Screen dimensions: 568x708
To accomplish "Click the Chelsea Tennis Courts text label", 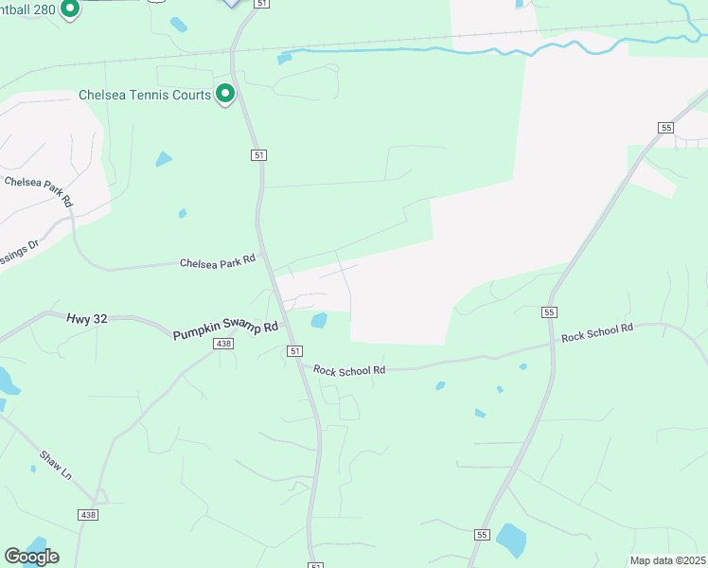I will click(x=145, y=96).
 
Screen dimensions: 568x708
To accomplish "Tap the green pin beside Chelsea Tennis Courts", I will click(x=225, y=95).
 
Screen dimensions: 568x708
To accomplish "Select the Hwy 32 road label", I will click(x=87, y=320).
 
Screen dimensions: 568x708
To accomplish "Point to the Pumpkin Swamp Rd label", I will click(x=225, y=330).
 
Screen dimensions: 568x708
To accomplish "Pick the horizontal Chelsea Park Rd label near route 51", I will click(x=218, y=260).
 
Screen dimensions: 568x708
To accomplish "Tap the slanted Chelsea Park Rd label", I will click(x=39, y=190).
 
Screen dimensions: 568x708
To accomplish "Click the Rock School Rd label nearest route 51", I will click(x=349, y=370).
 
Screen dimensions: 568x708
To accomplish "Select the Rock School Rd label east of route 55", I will click(x=596, y=332).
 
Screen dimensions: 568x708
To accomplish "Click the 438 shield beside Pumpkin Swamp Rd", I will click(x=223, y=345).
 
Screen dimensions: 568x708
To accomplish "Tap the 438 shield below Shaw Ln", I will click(x=87, y=513).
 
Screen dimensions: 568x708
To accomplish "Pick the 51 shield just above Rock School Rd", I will click(x=295, y=351).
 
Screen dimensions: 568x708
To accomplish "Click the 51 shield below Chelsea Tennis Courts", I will click(x=257, y=154).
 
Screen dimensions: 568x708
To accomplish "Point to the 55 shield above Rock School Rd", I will click(x=550, y=311).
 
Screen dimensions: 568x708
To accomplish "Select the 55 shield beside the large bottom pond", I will click(x=481, y=535).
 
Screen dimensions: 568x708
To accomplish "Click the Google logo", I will click(x=31, y=557).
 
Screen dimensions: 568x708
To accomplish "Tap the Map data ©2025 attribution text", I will click(x=667, y=560).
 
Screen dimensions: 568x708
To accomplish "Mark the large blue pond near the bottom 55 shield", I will click(x=511, y=540).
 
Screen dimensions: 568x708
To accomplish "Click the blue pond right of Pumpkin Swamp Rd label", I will click(x=319, y=321).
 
